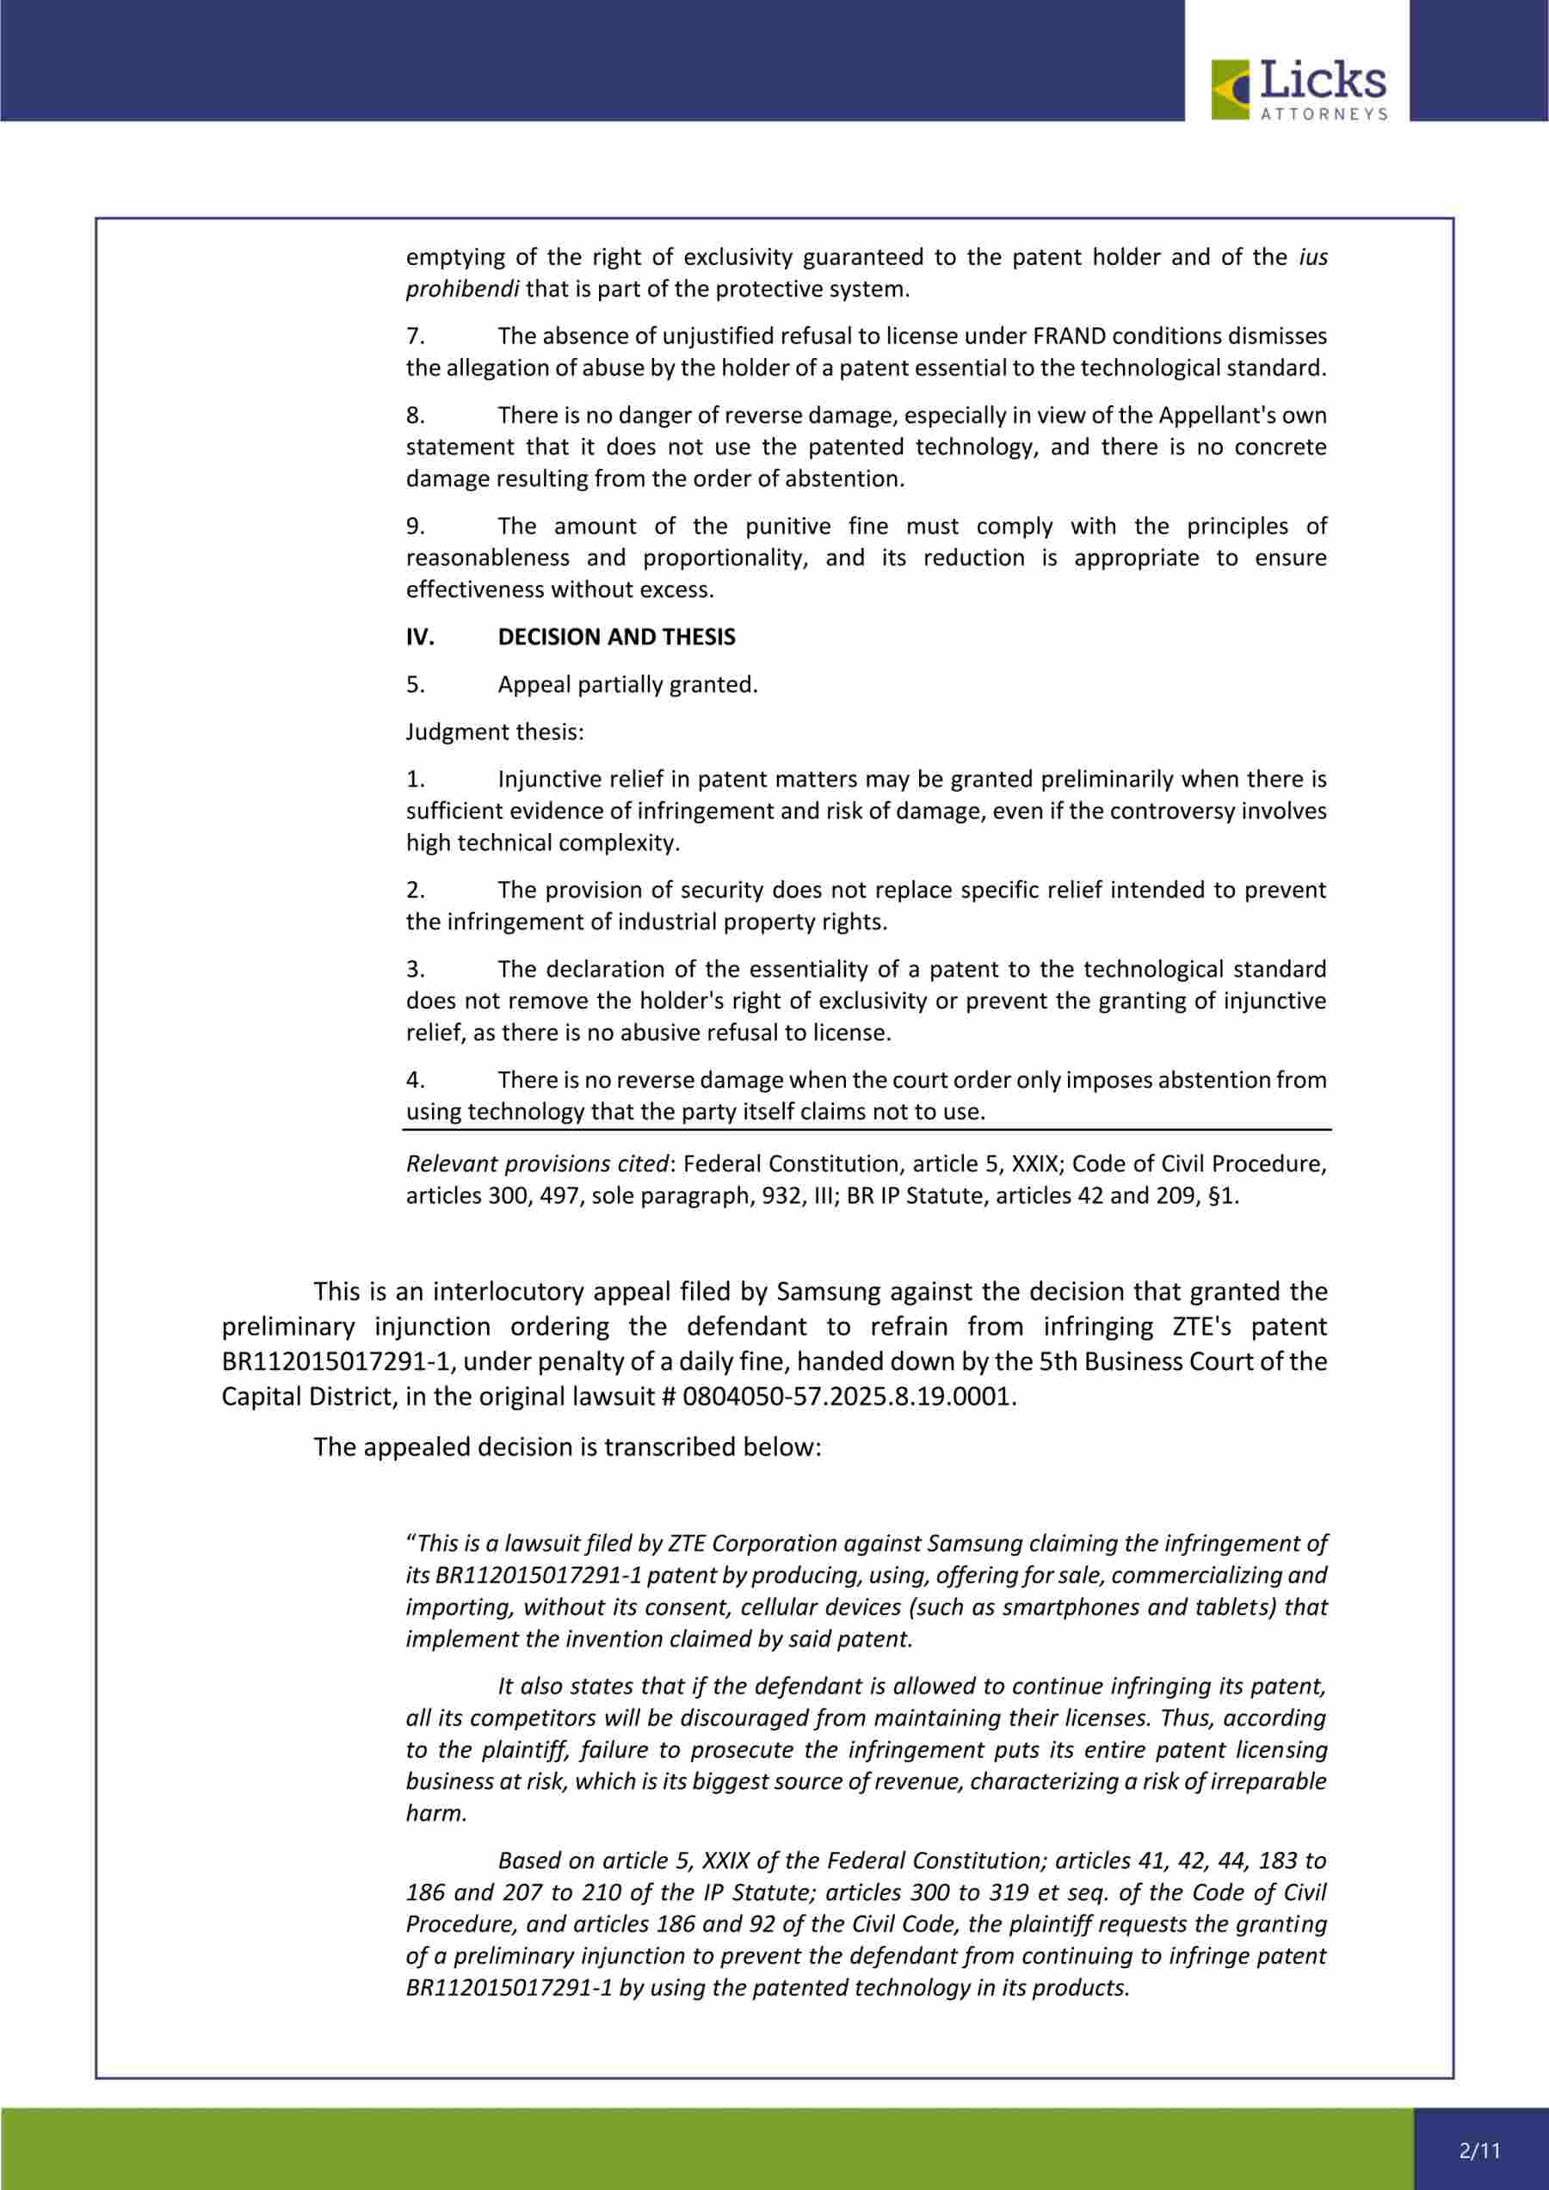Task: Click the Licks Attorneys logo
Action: pyautogui.click(x=1298, y=89)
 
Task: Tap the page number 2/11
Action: pyautogui.click(x=1479, y=2150)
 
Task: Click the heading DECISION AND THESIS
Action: pyautogui.click(x=616, y=637)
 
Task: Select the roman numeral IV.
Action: pyautogui.click(x=420, y=637)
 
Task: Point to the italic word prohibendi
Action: pyautogui.click(x=461, y=289)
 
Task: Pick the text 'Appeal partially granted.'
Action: pyautogui.click(x=627, y=685)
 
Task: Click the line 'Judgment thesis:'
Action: pyautogui.click(x=494, y=731)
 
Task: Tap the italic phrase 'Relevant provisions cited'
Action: pyautogui.click(x=537, y=1163)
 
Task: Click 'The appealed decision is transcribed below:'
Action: pyautogui.click(x=567, y=1447)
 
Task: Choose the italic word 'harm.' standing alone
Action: pyautogui.click(x=437, y=1813)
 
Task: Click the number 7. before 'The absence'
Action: pyautogui.click(x=415, y=336)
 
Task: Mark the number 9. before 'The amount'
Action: pyautogui.click(x=415, y=527)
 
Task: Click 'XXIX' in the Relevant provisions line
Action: pyautogui.click(x=1040, y=1163)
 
